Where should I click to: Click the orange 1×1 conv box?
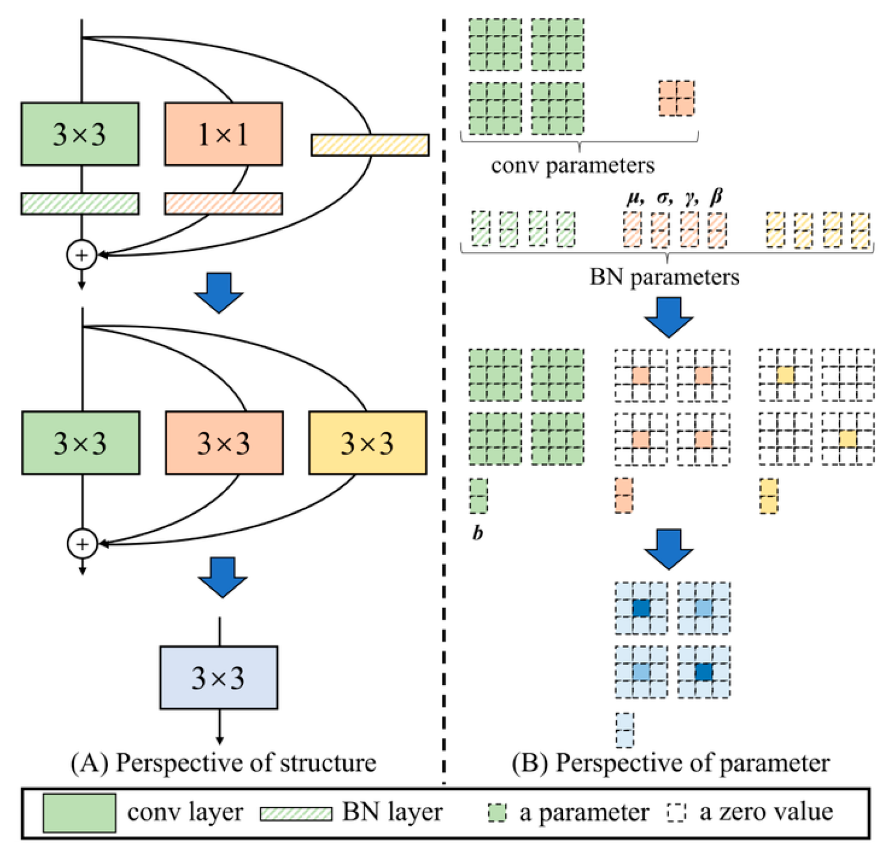pyautogui.click(x=223, y=134)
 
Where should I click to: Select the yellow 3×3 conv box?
pyautogui.click(x=367, y=443)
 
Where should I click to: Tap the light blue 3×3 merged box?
pyautogui.click(x=219, y=677)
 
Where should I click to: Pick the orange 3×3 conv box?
pyautogui.click(x=224, y=443)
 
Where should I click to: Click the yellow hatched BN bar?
pyautogui.click(x=370, y=145)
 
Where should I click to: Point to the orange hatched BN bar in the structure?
pyautogui.click(x=223, y=204)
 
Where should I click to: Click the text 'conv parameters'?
pyautogui.click(x=573, y=166)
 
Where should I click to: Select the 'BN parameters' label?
pyautogui.click(x=664, y=277)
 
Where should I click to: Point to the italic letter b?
pyautogui.click(x=478, y=533)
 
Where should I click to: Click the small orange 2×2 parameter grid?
pyautogui.click(x=677, y=98)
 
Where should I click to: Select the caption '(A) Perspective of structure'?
pyautogui.click(x=223, y=763)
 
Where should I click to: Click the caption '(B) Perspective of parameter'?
pyautogui.click(x=670, y=763)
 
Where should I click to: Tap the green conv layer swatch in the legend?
pyautogui.click(x=79, y=813)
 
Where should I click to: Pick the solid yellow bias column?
pyautogui.click(x=768, y=496)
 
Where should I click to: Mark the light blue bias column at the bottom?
pyautogui.click(x=625, y=729)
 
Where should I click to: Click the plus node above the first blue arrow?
pyautogui.click(x=82, y=255)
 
